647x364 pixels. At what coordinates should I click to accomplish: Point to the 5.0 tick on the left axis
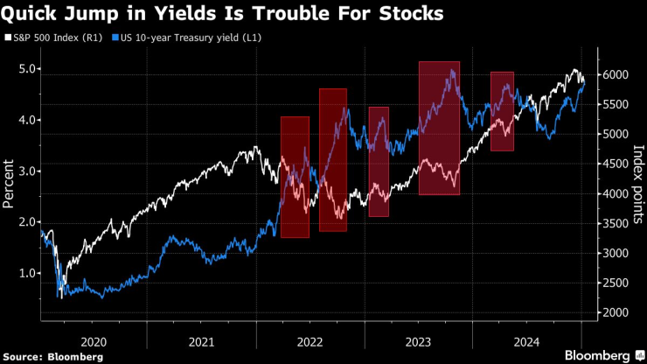pyautogui.click(x=26, y=69)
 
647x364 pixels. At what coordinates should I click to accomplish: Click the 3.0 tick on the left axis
pyautogui.click(x=26, y=171)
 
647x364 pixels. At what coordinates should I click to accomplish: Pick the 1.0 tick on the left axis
pyautogui.click(x=26, y=273)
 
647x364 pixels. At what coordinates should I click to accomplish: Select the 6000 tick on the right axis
pyautogui.click(x=615, y=75)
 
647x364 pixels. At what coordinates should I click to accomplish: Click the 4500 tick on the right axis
pyautogui.click(x=615, y=164)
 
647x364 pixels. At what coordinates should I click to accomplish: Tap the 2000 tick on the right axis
pyautogui.click(x=615, y=312)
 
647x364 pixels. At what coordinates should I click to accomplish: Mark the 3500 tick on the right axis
pyautogui.click(x=615, y=224)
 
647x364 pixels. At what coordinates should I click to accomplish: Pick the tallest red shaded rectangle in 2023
pyautogui.click(x=440, y=128)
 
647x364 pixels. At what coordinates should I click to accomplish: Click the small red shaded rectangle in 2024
pyautogui.click(x=502, y=111)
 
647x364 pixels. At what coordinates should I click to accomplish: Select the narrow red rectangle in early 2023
pyautogui.click(x=379, y=161)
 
